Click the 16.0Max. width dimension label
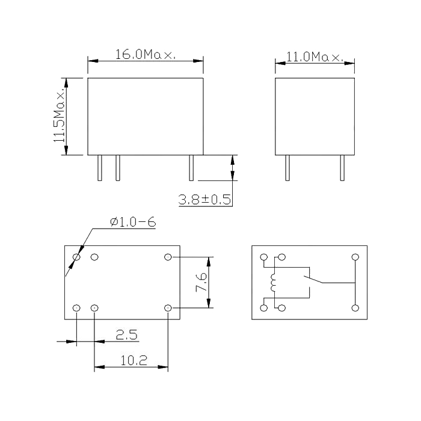click(146, 55)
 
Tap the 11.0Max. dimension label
click(315, 57)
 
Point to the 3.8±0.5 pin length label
click(204, 200)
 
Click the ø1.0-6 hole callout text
click(133, 222)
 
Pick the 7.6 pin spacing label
click(201, 282)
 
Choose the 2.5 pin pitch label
click(126, 335)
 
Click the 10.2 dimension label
click(134, 360)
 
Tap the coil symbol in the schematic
click(273, 283)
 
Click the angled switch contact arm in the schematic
click(313, 279)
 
